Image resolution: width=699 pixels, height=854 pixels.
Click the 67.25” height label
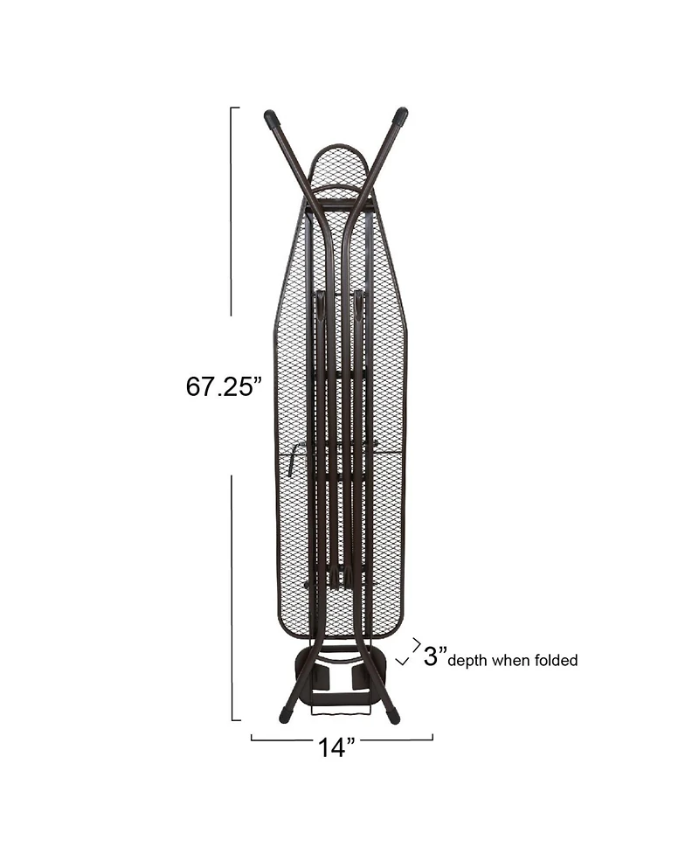click(x=224, y=386)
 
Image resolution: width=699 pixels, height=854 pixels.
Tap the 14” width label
click(x=336, y=747)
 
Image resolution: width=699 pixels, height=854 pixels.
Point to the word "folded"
click(x=556, y=660)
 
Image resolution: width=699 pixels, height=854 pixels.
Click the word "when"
click(x=510, y=660)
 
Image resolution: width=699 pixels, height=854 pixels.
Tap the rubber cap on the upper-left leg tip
click(x=271, y=118)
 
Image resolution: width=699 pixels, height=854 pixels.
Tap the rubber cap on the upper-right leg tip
click(x=401, y=115)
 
